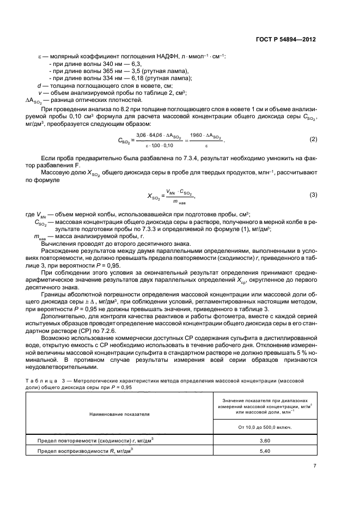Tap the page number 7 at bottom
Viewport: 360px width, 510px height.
coord(315,466)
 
